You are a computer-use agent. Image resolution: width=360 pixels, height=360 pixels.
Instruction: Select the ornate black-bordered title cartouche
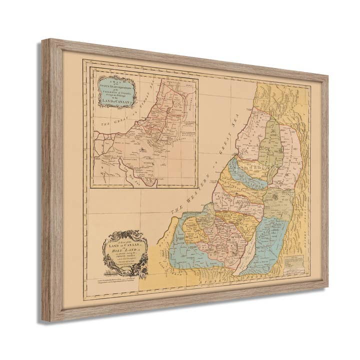125,253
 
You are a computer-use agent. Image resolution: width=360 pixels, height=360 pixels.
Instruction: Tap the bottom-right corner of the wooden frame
327,288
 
